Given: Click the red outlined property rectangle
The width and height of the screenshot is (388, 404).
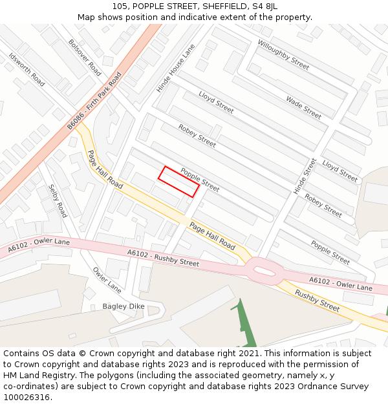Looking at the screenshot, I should (178, 181).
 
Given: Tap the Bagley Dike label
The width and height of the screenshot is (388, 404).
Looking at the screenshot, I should (124, 306).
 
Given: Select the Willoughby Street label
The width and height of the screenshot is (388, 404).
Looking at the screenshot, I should (283, 54).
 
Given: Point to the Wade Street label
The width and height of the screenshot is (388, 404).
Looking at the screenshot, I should (303, 107).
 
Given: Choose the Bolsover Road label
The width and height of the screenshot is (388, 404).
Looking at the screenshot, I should (85, 57).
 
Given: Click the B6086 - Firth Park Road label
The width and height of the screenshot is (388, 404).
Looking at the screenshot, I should (94, 101).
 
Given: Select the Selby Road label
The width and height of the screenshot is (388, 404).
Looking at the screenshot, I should (58, 201).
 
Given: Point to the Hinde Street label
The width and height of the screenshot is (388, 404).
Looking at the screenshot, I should (305, 176).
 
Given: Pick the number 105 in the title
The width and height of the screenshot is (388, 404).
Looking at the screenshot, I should (120, 6).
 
